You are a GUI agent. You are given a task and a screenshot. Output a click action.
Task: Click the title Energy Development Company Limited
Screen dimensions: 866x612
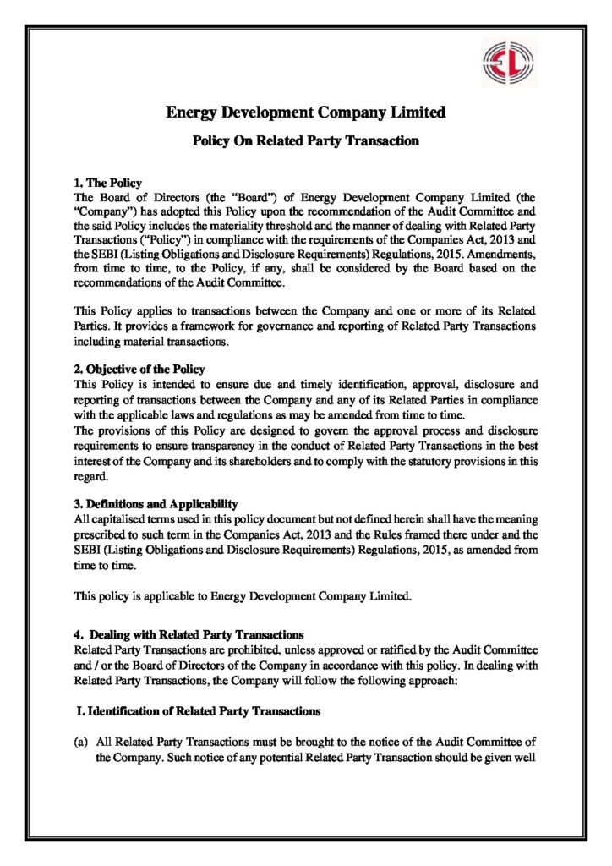click(305, 112)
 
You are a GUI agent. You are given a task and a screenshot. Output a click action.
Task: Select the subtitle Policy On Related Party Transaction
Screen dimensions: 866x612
click(305, 141)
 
